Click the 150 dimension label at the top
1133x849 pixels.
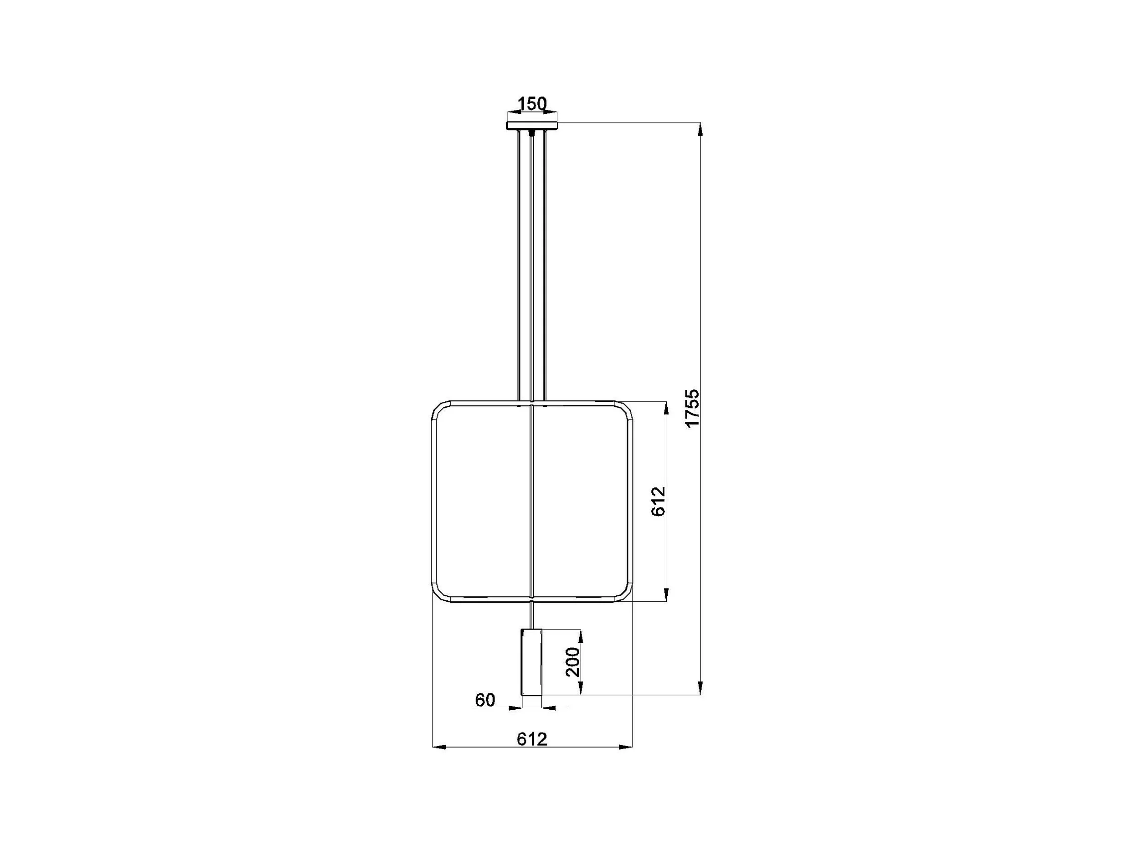coord(532,104)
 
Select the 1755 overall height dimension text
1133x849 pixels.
coord(692,408)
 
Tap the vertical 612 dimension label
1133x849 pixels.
coord(658,501)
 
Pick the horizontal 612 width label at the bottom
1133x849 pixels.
coord(532,739)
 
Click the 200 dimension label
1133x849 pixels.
coord(573,661)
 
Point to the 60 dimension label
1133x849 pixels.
coord(485,699)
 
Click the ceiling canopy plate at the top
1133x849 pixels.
coord(532,125)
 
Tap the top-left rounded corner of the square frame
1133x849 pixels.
coord(439,409)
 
